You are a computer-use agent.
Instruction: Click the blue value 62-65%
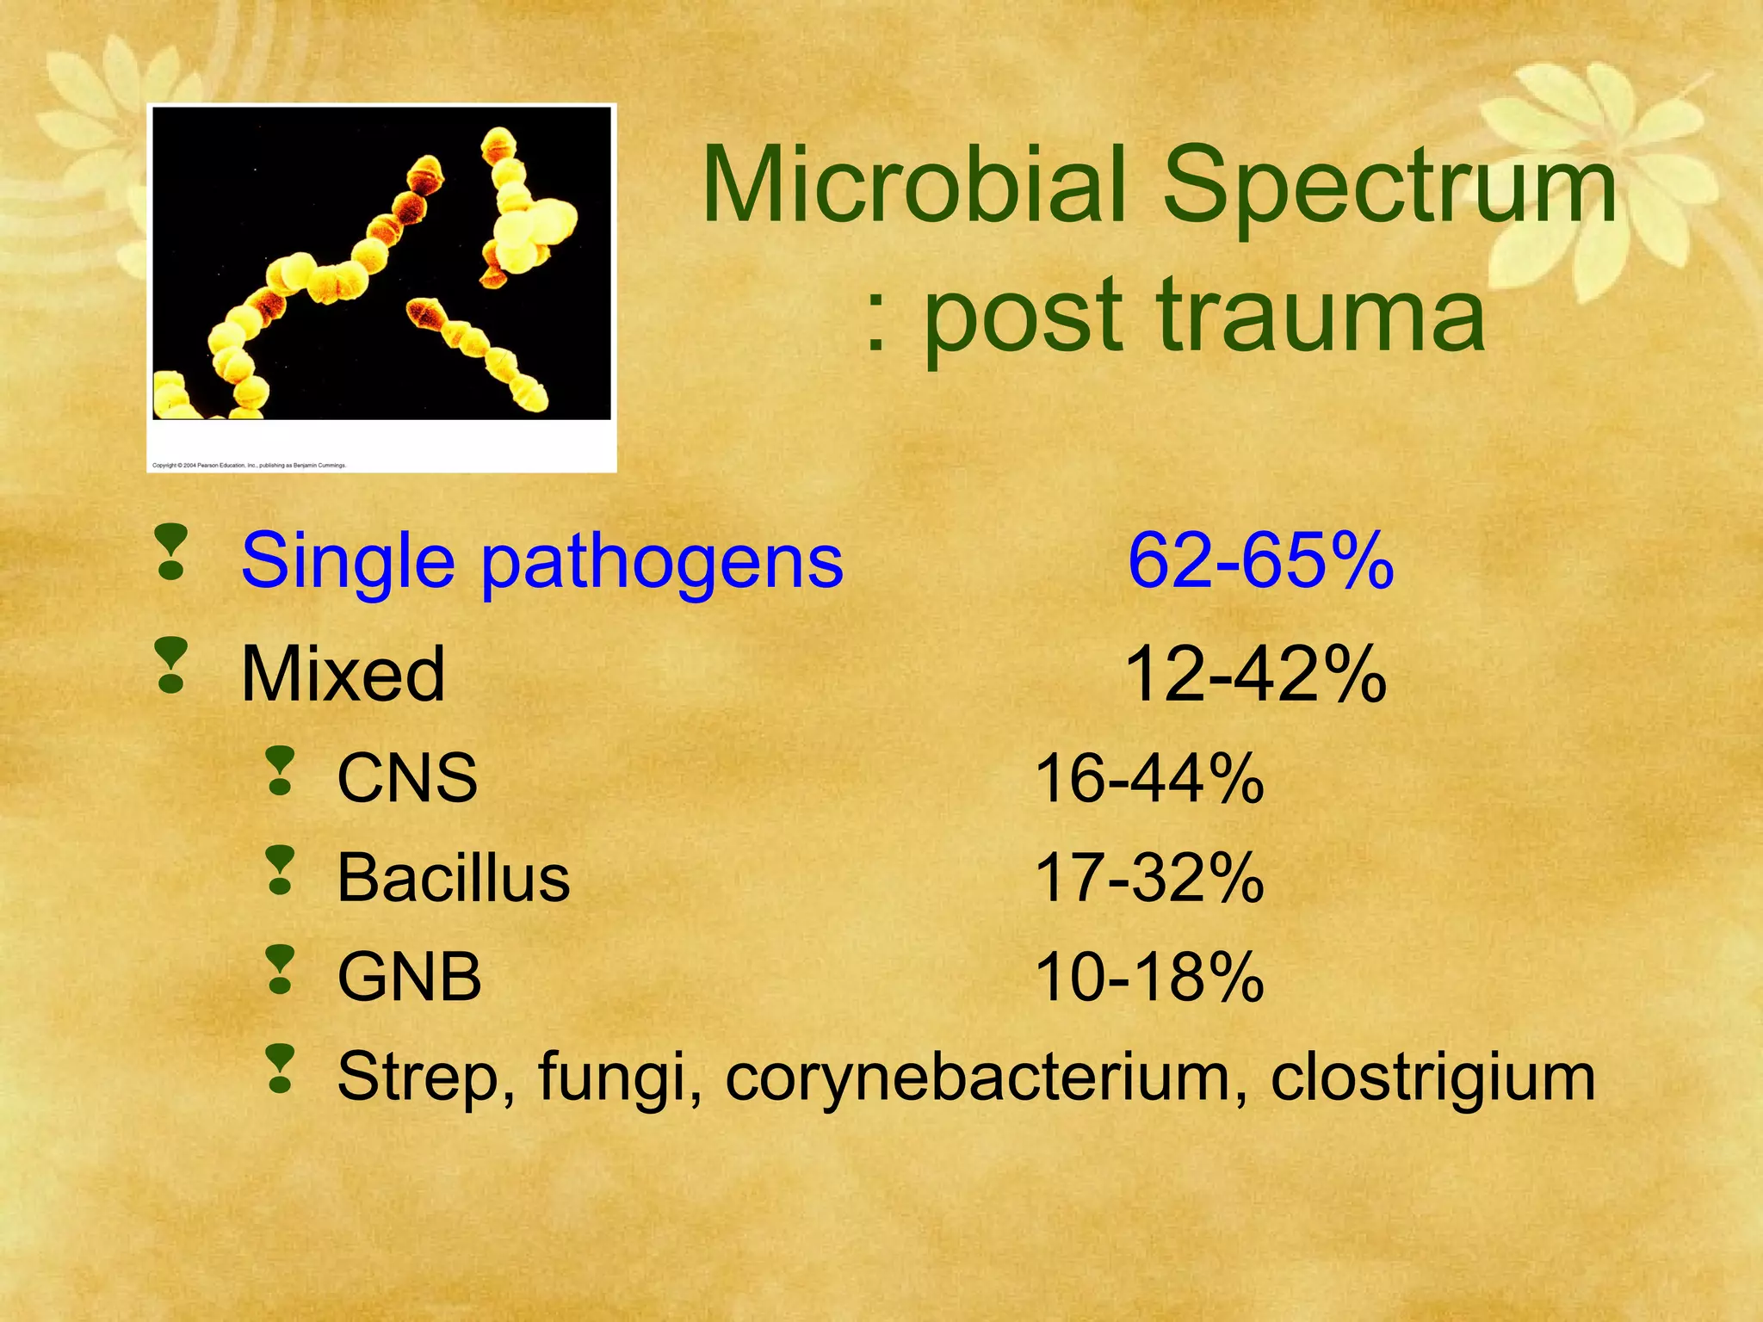(1260, 561)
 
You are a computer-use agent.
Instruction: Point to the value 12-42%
(1255, 675)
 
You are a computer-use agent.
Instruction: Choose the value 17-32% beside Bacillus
(1148, 879)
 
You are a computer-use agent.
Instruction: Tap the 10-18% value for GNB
(1148, 978)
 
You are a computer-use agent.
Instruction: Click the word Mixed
(343, 675)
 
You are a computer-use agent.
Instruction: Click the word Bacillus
(454, 879)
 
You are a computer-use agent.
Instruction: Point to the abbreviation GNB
(409, 978)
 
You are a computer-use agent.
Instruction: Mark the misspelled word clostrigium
(1432, 1078)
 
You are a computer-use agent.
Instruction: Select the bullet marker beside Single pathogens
(171, 552)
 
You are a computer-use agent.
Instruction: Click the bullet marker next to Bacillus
(280, 870)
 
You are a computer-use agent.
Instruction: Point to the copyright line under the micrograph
(249, 466)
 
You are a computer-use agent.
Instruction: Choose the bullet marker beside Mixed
(171, 665)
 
